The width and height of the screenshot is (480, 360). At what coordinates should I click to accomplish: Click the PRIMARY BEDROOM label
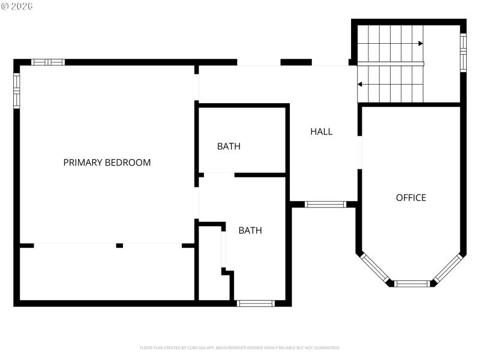click(107, 162)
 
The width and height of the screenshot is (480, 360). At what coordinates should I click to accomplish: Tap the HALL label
click(321, 131)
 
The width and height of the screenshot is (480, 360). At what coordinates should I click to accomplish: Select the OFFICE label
click(411, 197)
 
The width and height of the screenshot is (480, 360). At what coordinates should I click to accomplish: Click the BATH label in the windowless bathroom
click(229, 146)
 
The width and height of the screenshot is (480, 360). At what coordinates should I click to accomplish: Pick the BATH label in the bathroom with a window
click(250, 230)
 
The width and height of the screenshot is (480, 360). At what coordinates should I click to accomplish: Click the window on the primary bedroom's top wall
click(48, 62)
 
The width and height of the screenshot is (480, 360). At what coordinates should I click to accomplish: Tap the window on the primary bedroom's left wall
click(17, 90)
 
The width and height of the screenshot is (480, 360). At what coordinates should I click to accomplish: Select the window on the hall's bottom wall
click(325, 205)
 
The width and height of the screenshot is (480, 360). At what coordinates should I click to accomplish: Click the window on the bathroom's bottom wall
click(256, 303)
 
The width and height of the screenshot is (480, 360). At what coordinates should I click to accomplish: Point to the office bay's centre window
click(412, 283)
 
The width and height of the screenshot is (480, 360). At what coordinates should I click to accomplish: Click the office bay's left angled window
click(374, 267)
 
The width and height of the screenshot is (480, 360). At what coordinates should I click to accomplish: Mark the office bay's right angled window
click(448, 268)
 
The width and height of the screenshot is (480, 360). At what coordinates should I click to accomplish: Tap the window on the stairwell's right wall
click(463, 52)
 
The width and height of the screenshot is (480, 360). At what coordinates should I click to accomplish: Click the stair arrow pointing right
click(421, 43)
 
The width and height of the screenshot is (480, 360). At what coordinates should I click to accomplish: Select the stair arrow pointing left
click(361, 84)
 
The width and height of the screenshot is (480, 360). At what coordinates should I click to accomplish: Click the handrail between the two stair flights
click(390, 64)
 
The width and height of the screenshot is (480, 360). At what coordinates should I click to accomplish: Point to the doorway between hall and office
click(359, 152)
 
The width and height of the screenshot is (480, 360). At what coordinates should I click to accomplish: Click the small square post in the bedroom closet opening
click(119, 245)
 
